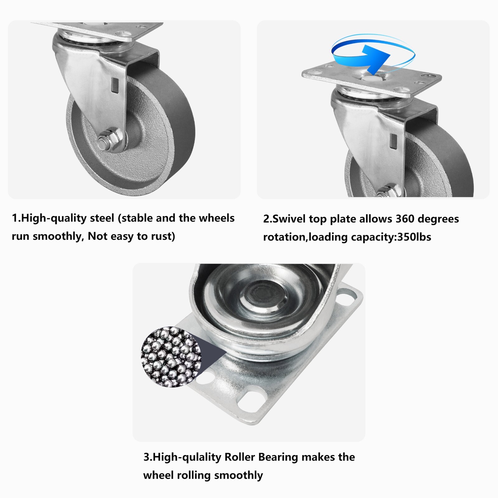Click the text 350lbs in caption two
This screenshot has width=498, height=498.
414,237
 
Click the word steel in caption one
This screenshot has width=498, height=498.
102,218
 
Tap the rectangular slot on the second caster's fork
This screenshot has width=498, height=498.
394,140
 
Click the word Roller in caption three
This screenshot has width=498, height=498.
240,457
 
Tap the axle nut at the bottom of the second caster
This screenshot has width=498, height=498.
388,192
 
